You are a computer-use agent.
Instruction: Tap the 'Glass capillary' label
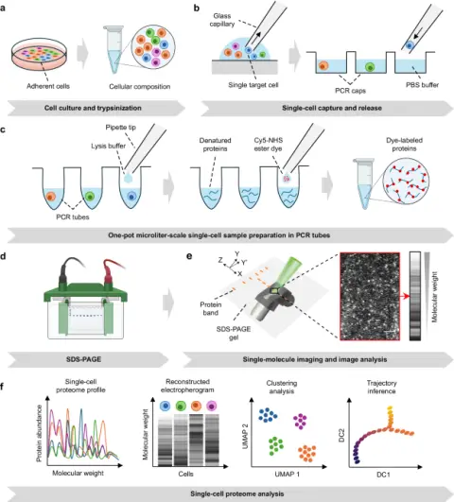222,20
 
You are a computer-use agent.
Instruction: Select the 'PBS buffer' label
422,85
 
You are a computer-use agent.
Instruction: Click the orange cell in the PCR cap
323,66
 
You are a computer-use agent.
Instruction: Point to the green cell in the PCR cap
370,67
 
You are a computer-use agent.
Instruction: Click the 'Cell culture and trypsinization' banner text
93,108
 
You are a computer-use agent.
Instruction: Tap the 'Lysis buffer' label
108,146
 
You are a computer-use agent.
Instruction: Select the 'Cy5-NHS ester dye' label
269,145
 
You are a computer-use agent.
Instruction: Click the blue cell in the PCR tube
131,196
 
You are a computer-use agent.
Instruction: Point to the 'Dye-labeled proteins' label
404,145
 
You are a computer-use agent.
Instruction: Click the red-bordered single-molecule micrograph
370,296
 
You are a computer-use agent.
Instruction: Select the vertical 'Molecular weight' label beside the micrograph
434,297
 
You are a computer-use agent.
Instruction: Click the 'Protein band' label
211,308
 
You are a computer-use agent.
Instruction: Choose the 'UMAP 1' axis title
288,475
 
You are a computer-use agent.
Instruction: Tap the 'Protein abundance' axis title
40,433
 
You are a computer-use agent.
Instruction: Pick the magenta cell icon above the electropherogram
211,406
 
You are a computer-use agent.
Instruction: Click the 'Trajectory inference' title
381,387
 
